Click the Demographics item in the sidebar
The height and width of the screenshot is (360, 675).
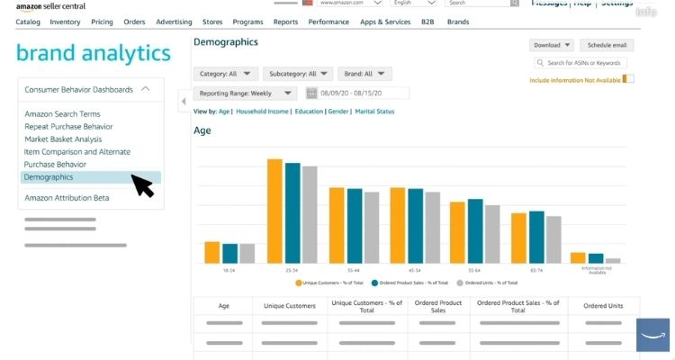point(49,177)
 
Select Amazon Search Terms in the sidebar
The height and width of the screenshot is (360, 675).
point(62,114)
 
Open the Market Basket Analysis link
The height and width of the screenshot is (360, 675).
point(63,139)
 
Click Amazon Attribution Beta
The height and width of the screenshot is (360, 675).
point(67,198)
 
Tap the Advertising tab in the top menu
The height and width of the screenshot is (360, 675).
point(174,21)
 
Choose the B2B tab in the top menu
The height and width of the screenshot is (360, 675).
point(427,21)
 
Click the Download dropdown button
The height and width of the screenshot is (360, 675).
point(553,45)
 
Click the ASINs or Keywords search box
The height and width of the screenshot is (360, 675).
point(583,63)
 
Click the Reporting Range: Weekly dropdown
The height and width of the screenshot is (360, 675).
point(245,93)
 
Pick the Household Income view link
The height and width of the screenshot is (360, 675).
point(262,112)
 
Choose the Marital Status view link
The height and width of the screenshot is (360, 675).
point(374,112)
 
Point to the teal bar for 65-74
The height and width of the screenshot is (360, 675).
point(536,237)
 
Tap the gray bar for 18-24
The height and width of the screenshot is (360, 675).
point(247,253)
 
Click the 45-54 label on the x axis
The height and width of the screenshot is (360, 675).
point(414,270)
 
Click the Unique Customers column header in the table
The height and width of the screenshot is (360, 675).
point(290,306)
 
